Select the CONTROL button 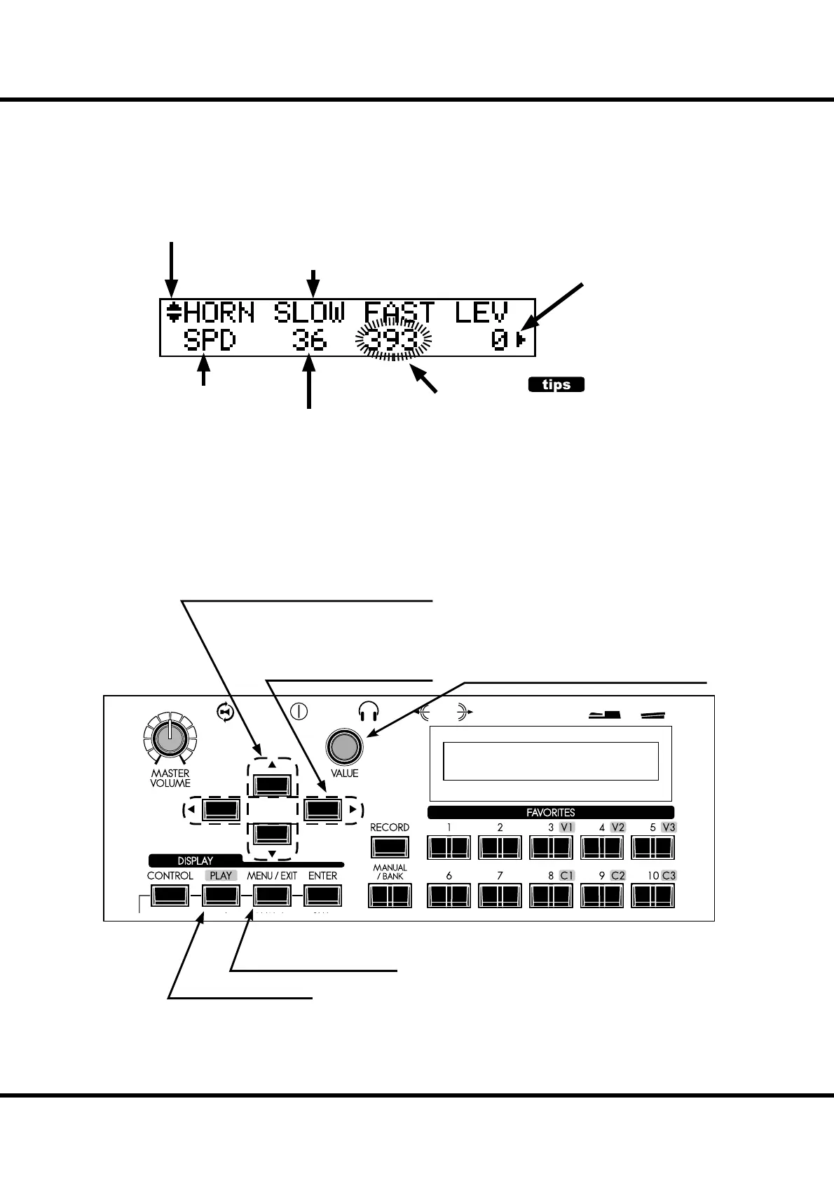[170, 896]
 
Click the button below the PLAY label [221, 896]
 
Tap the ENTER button [322, 896]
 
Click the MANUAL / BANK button [390, 896]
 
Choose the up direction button [272, 784]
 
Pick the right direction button [323, 810]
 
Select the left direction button [221, 810]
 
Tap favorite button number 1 [449, 848]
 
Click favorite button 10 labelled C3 [652, 896]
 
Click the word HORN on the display [218, 313]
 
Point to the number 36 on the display [309, 341]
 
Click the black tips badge [556, 384]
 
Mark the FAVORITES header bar [551, 812]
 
